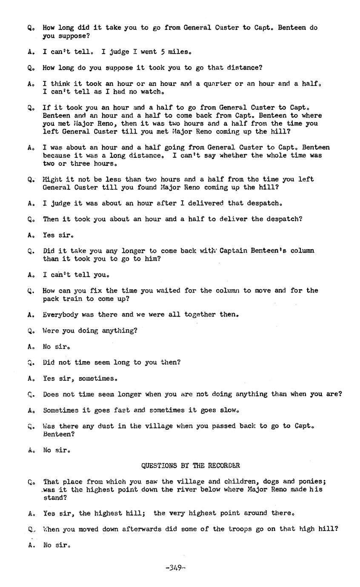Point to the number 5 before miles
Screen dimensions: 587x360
point(163,51)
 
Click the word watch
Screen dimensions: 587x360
point(151,91)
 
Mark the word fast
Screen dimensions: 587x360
point(121,410)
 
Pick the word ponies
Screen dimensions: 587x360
point(312,482)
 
